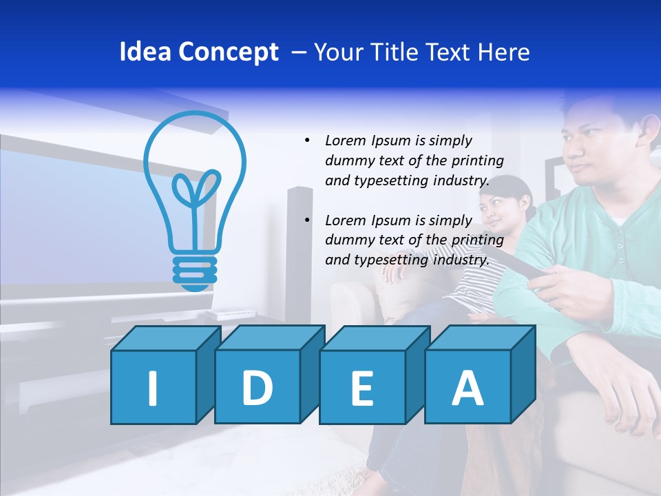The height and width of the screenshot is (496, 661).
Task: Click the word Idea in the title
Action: [x=145, y=52]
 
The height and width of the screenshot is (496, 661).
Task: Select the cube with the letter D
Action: [x=258, y=386]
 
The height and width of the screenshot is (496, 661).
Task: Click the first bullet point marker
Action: [x=307, y=141]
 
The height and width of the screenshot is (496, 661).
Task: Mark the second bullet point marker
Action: [x=307, y=220]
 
